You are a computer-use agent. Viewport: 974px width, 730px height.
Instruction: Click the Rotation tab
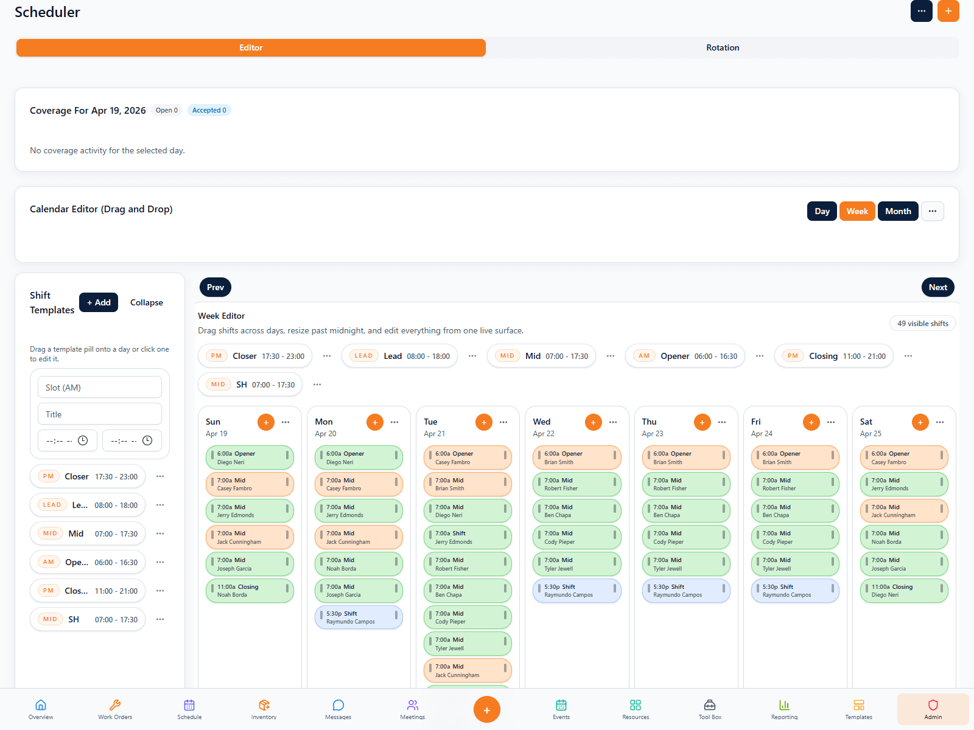click(x=722, y=47)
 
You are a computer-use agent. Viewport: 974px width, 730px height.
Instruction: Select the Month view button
click(x=897, y=211)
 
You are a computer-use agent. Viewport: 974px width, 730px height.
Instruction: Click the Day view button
click(x=822, y=211)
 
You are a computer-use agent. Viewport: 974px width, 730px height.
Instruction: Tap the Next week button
click(x=937, y=287)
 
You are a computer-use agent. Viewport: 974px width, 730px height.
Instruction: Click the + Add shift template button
click(x=99, y=302)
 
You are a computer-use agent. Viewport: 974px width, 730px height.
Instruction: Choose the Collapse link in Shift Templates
click(x=146, y=302)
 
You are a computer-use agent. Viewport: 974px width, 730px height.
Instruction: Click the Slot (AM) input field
click(x=100, y=388)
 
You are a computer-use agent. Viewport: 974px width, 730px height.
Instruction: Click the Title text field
click(x=100, y=414)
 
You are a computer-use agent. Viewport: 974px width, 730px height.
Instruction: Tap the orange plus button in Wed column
click(x=593, y=422)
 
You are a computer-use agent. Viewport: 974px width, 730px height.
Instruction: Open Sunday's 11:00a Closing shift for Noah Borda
click(x=250, y=591)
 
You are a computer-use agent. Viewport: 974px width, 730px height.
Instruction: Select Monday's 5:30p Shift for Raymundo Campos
click(x=359, y=617)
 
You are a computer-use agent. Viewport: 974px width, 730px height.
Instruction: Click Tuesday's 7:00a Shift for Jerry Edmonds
click(x=468, y=537)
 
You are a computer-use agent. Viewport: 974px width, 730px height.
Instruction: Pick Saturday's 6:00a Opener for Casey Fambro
click(x=903, y=457)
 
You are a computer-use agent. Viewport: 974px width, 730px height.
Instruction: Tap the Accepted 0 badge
click(x=209, y=110)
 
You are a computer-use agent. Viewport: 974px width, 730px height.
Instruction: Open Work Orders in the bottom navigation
click(x=115, y=709)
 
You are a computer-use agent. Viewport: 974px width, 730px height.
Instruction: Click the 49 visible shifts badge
click(x=922, y=324)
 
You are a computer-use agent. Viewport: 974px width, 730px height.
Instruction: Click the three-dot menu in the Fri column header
click(x=831, y=422)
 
